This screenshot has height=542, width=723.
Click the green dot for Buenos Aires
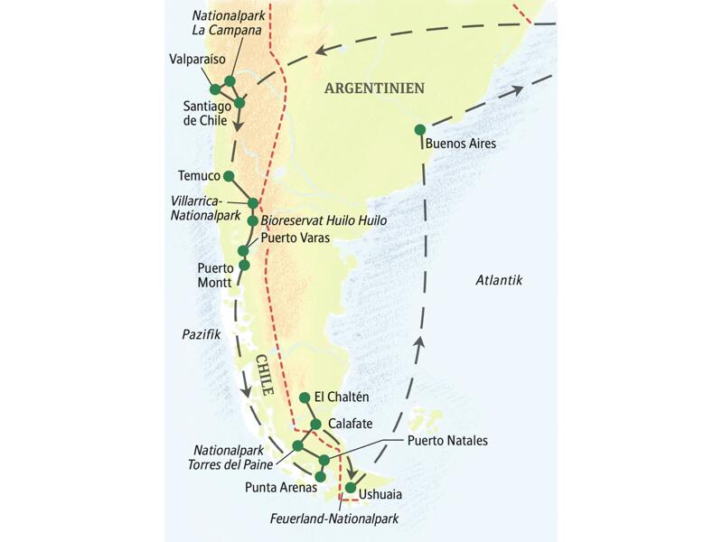pyautogui.click(x=419, y=129)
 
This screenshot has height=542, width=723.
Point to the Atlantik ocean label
pyautogui.click(x=499, y=280)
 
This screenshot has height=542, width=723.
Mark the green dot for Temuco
pyautogui.click(x=229, y=176)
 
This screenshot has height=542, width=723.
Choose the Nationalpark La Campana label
pyautogui.click(x=228, y=21)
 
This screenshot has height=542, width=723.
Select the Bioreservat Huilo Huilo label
pyautogui.click(x=324, y=220)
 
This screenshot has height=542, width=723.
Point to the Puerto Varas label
pyautogui.click(x=296, y=238)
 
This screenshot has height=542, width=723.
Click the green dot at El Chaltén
pyautogui.click(x=305, y=397)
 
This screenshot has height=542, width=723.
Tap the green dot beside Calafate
pyautogui.click(x=315, y=425)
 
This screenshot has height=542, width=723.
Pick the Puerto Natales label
pyautogui.click(x=447, y=441)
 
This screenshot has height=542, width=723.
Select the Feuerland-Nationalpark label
pyautogui.click(x=334, y=519)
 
